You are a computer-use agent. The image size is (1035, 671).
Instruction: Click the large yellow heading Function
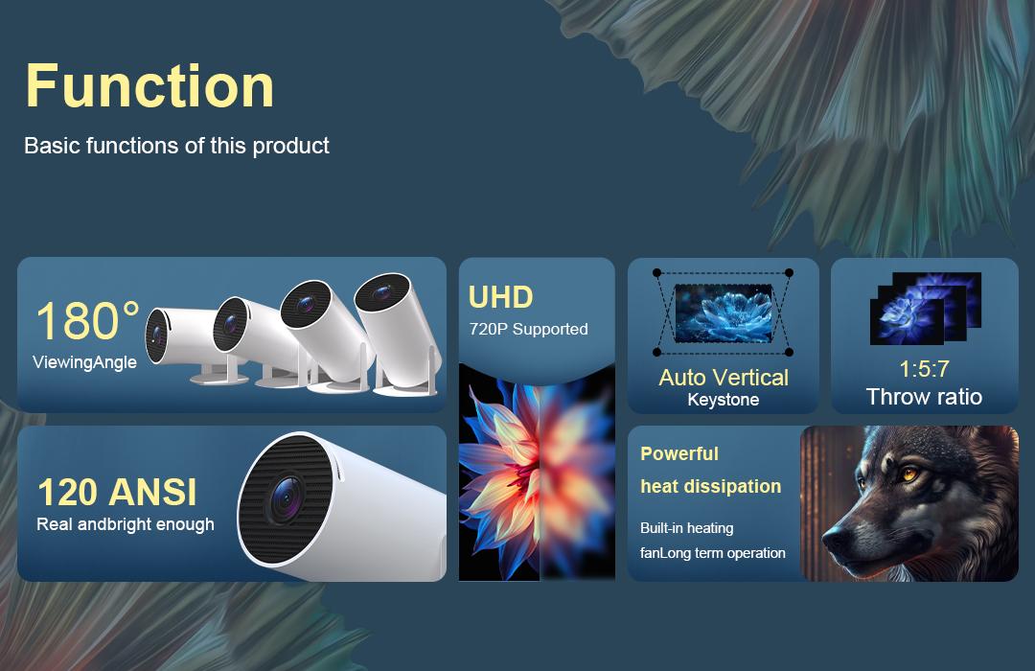[x=149, y=85]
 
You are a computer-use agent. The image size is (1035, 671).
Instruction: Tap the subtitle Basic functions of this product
[x=176, y=146]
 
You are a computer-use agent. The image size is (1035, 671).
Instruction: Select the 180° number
[x=86, y=322]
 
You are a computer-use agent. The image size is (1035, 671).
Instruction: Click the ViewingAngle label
[x=84, y=362]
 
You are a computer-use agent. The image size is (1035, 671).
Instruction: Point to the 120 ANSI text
[x=116, y=493]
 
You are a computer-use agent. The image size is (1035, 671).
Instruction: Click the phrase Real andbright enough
[x=125, y=524]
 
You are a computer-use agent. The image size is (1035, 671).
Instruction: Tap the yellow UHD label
[x=500, y=297]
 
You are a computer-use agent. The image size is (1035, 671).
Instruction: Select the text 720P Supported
[x=528, y=329]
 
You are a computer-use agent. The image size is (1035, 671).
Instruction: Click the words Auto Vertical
[x=724, y=378]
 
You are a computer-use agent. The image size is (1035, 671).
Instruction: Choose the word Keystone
[x=724, y=400]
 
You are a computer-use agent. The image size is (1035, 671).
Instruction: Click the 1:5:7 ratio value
[x=924, y=370]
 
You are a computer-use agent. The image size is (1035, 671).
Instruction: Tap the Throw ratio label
[x=924, y=397]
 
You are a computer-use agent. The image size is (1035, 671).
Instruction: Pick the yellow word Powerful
[x=678, y=453]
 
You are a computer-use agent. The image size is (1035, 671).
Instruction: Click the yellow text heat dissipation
[x=710, y=486]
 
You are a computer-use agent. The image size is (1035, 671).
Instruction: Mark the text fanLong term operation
[x=712, y=553]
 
